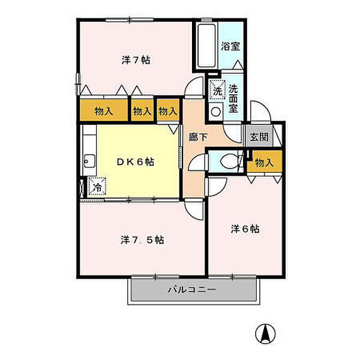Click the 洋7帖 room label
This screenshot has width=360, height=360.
[x=136, y=60]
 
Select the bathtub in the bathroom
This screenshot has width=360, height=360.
[x=206, y=47]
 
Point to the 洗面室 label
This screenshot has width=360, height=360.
[x=233, y=95]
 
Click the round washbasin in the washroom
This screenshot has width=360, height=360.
[x=215, y=111]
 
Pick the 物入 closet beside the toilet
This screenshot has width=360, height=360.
[x=264, y=163]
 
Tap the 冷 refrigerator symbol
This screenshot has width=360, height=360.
[x=96, y=187]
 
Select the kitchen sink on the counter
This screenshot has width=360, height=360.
[x=88, y=160]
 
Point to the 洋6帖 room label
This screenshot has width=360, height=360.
[x=246, y=229]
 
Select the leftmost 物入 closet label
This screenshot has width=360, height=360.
[x=104, y=111]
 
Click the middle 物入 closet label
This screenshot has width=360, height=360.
[x=142, y=111]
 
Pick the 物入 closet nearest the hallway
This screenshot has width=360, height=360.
[x=168, y=111]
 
